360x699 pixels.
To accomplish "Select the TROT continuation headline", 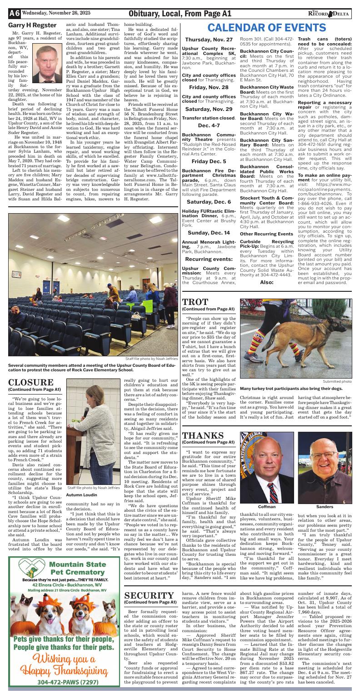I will click(195, 303).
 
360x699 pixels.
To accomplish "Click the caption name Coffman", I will click(267, 506).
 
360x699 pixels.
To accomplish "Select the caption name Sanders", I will click(325, 506).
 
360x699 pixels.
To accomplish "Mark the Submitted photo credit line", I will click(337, 381).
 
